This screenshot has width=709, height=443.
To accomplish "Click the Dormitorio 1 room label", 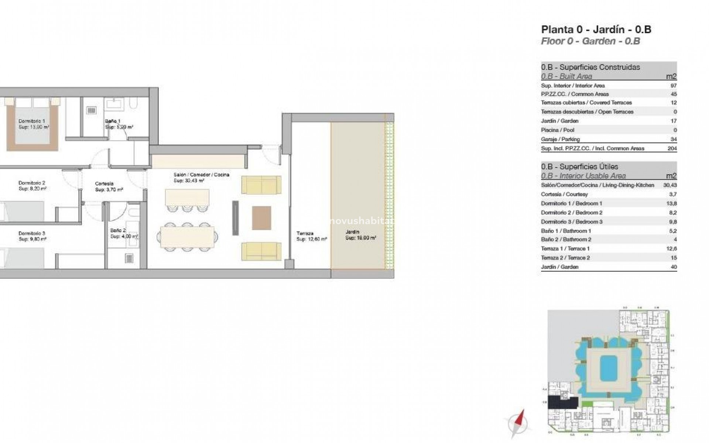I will point(32,121).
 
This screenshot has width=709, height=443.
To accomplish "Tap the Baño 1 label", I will point(113,121).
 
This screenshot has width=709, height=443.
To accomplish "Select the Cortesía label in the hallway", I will point(104,183).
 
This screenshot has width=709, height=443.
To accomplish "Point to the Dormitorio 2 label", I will point(32,183).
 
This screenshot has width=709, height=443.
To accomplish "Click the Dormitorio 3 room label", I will point(32,233).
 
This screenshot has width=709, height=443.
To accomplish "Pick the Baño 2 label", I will point(118,230).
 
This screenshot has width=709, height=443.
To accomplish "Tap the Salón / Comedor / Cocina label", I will point(201,175).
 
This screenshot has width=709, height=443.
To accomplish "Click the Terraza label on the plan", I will point(305,233).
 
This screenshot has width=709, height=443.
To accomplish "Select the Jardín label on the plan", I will point(352,232).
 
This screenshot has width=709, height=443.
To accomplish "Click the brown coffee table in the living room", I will point(261,218).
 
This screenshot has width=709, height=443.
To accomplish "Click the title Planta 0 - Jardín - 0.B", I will point(596,30).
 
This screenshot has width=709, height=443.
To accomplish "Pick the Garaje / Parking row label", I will point(560,139).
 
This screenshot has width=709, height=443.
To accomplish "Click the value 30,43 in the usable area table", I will point(670,185).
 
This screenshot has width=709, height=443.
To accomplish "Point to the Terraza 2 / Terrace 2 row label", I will point(565,258).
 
